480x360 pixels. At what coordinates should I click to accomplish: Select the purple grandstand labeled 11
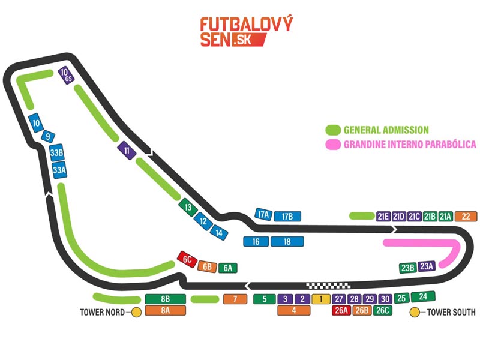point(126,151)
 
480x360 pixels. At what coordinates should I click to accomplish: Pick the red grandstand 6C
point(187,259)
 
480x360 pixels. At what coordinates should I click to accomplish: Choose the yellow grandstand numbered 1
point(321,299)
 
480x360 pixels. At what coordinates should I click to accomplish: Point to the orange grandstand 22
point(466,217)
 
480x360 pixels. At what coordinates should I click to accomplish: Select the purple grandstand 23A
point(426,266)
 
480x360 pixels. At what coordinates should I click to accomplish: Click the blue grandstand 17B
point(287,217)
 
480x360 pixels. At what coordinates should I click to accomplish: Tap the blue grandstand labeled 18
point(287,241)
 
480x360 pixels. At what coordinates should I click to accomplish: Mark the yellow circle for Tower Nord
point(136,312)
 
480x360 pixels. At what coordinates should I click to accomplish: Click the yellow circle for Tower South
point(414,312)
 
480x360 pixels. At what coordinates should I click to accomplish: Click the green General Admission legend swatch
point(332,130)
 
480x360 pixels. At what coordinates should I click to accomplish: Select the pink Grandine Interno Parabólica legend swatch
point(332,144)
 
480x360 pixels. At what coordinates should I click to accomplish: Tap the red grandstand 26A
point(341,310)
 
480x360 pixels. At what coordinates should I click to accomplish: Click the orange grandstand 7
point(235,299)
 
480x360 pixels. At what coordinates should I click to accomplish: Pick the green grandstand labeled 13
point(188,208)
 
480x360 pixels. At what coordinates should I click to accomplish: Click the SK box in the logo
point(242,40)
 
